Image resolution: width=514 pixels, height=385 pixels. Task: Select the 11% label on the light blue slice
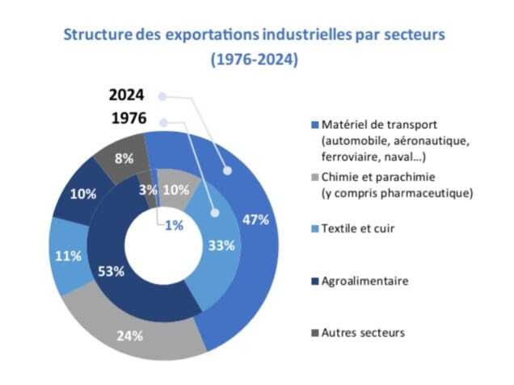click(69, 256)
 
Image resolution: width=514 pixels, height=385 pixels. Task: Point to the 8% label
click(124, 159)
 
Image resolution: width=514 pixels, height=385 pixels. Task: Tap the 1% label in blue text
click(173, 225)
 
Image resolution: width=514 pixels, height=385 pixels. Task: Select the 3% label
click(149, 190)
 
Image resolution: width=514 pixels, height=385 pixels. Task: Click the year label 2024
click(127, 95)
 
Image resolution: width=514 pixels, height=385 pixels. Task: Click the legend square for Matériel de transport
click(314, 126)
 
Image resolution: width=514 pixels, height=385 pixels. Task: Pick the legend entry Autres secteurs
click(361, 332)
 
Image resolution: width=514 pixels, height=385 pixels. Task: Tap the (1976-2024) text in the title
click(254, 61)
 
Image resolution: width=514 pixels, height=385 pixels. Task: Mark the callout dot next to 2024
click(162, 96)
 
